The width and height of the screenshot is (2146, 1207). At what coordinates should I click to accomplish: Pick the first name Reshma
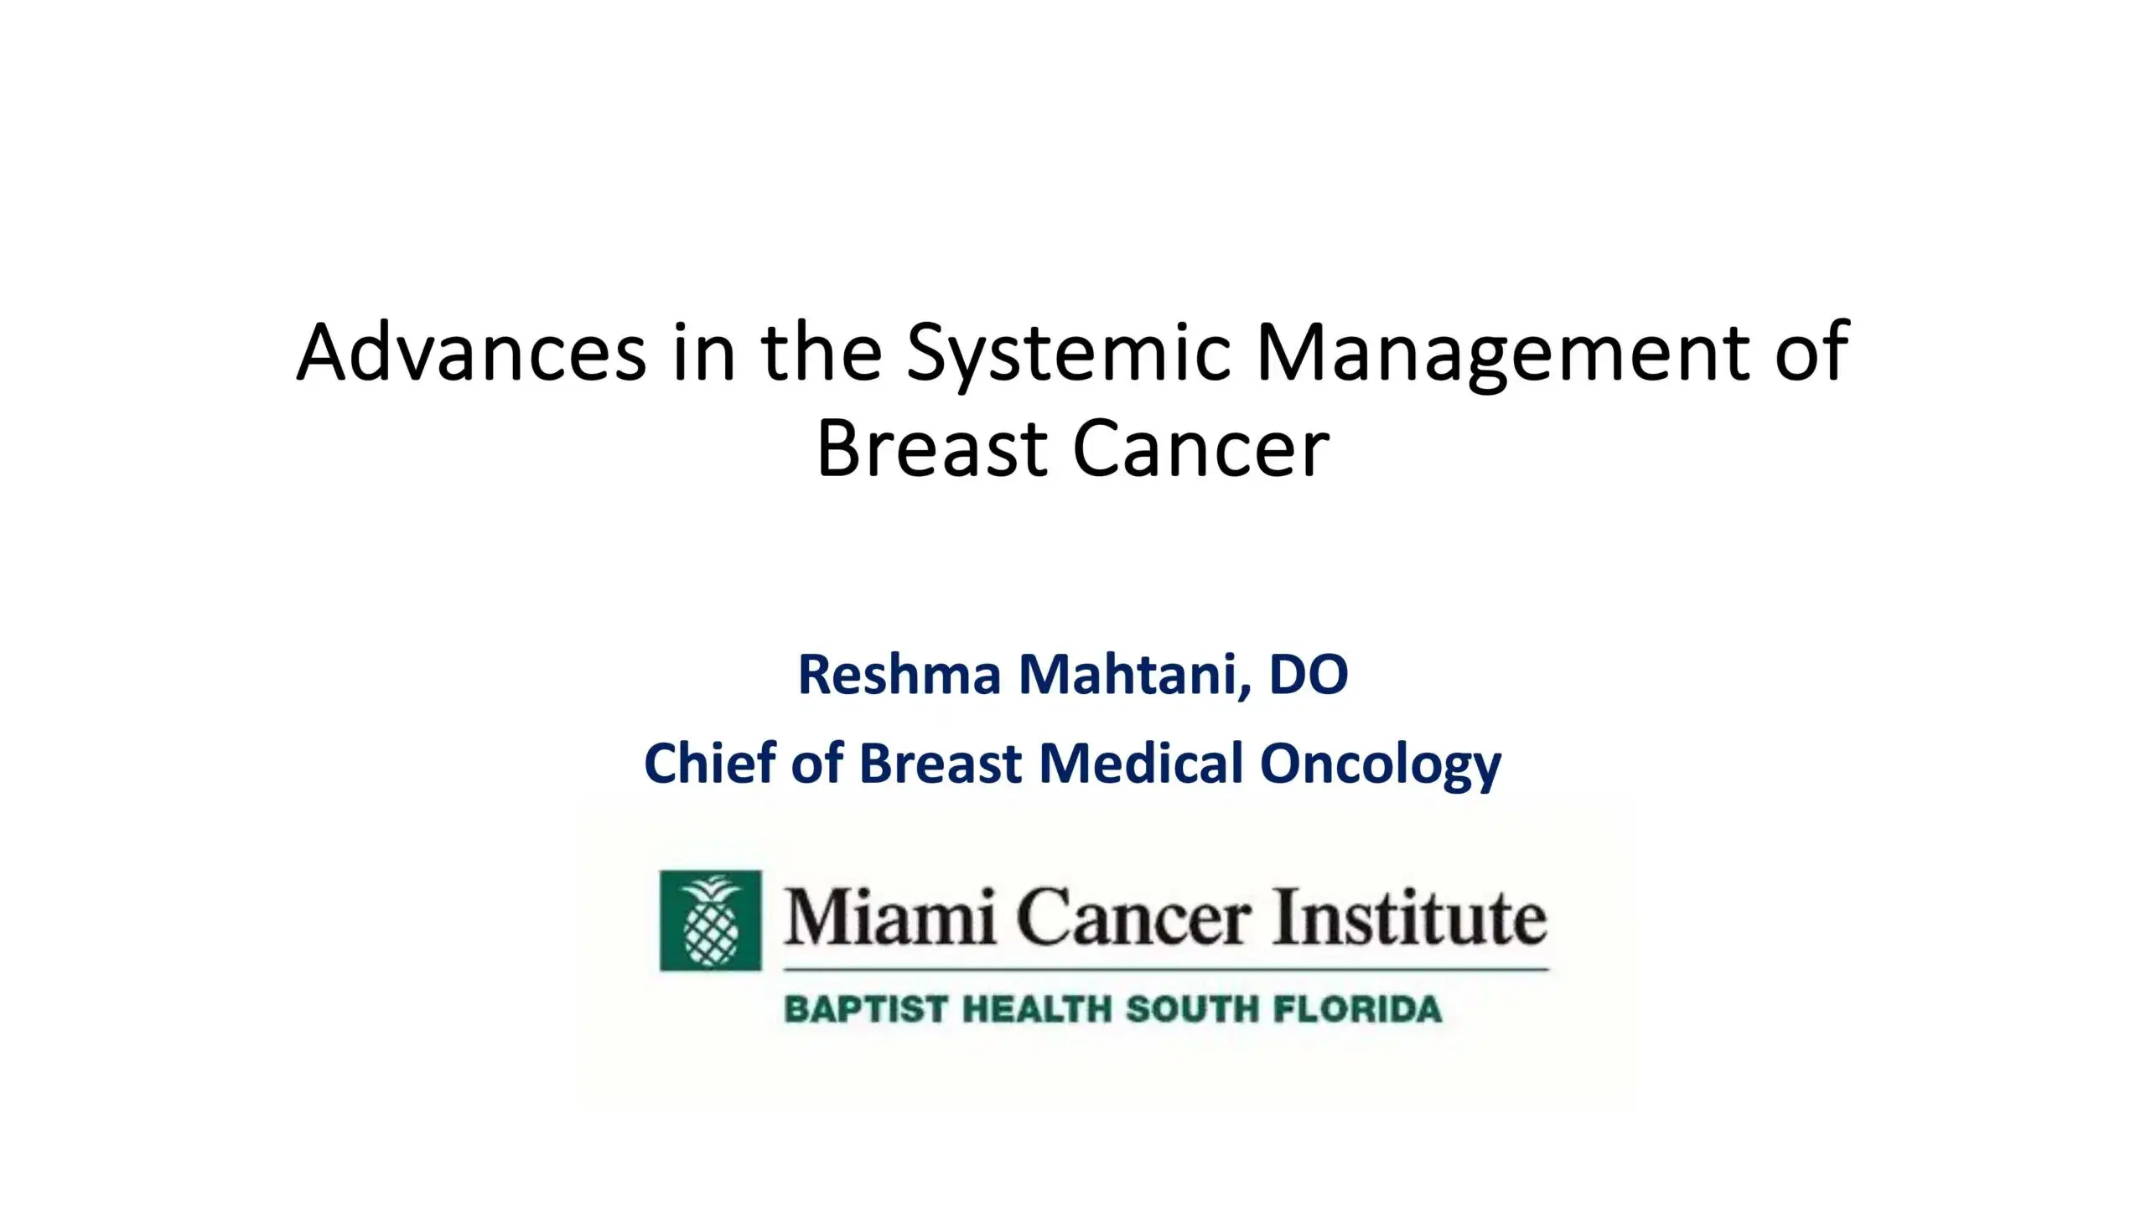(x=899, y=674)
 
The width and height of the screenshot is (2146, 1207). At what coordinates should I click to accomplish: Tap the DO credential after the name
(x=1309, y=674)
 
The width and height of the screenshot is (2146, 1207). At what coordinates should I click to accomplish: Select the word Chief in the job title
(x=708, y=763)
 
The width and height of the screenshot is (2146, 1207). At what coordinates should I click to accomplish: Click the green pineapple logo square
(x=711, y=920)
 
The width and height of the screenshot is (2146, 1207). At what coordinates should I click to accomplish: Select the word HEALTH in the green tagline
(x=1036, y=1009)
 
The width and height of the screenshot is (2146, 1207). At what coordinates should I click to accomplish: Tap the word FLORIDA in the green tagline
(x=1358, y=1009)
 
